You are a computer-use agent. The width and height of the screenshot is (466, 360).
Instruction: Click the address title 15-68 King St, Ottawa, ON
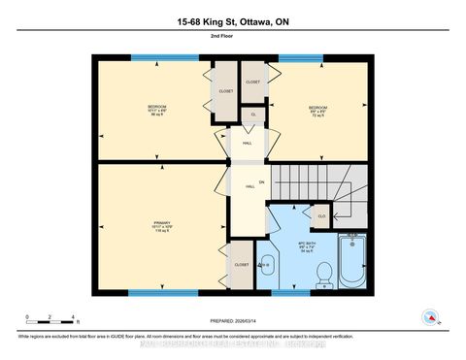tap(232, 21)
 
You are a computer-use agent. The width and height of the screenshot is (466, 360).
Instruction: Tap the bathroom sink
tap(269, 262)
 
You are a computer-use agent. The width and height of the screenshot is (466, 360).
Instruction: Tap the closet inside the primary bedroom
tap(241, 265)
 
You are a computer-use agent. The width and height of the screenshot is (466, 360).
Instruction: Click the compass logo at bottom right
tap(428, 316)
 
